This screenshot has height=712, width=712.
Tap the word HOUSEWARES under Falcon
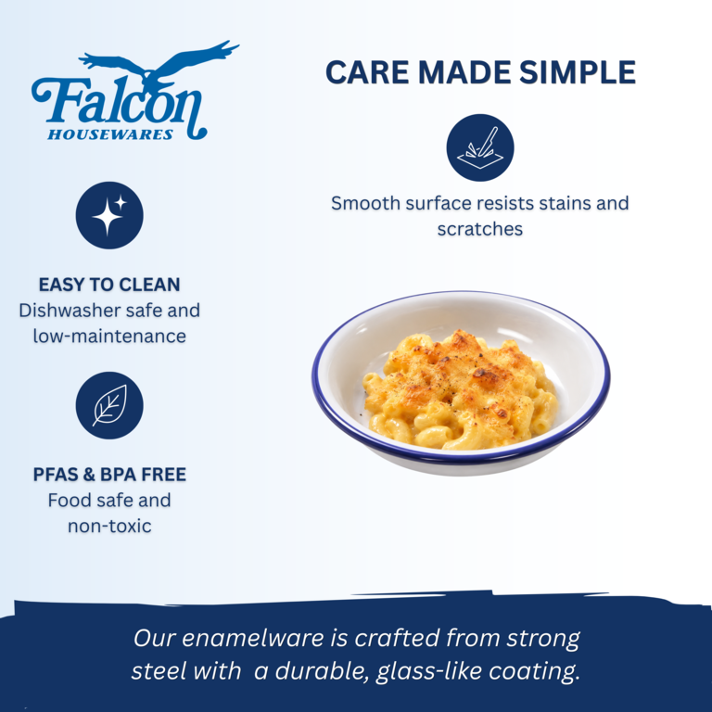click(x=110, y=134)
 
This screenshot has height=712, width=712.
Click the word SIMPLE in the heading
click(x=578, y=72)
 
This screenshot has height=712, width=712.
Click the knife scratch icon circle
click(x=480, y=147)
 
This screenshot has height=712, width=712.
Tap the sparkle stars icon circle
click(x=109, y=215)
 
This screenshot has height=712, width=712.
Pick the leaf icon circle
click(x=109, y=405)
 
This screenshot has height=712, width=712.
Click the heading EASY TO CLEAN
click(x=109, y=285)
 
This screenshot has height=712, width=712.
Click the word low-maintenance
click(x=109, y=337)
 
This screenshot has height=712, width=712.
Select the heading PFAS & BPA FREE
click(x=109, y=475)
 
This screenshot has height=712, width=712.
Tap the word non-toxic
click(x=109, y=527)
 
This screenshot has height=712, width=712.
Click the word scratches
click(x=480, y=229)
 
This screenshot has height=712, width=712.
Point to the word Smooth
click(x=365, y=203)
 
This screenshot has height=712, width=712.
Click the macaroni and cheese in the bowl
click(x=460, y=390)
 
